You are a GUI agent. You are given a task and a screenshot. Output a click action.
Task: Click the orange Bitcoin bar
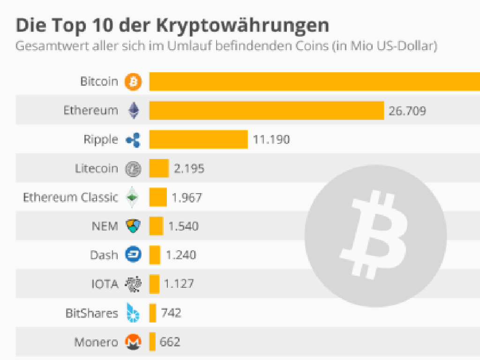coord(314,82)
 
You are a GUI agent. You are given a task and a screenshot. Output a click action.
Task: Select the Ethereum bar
coord(266,111)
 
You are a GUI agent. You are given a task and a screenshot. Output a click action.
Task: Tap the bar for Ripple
coord(198,139)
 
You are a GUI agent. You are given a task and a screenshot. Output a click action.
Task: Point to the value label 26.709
coord(407,111)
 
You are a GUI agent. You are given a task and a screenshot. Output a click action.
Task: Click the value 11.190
coord(271,140)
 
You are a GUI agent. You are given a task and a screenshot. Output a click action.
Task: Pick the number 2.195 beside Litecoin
coord(189,168)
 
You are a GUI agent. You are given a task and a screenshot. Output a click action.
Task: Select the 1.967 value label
coord(187,197)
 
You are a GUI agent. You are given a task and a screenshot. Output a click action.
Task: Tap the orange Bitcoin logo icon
coord(133,82)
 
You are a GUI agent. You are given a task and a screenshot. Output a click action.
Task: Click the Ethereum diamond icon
coord(134,111)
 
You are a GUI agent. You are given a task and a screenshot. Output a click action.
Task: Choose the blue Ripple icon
coord(133,140)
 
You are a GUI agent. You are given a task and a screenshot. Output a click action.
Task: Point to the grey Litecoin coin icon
coord(133,169)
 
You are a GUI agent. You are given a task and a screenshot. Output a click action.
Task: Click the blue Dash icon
coord(133,255)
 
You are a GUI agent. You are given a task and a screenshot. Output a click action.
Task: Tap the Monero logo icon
coord(133,342)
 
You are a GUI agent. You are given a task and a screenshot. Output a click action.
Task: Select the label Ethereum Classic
coord(70,197)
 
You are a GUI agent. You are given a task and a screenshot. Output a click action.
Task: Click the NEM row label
coord(105,226)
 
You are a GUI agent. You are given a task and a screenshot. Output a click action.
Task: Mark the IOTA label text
coord(105,284)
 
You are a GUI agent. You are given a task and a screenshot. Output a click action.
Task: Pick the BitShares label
coord(91,313)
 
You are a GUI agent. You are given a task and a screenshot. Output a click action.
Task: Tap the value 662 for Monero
coord(170,342)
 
